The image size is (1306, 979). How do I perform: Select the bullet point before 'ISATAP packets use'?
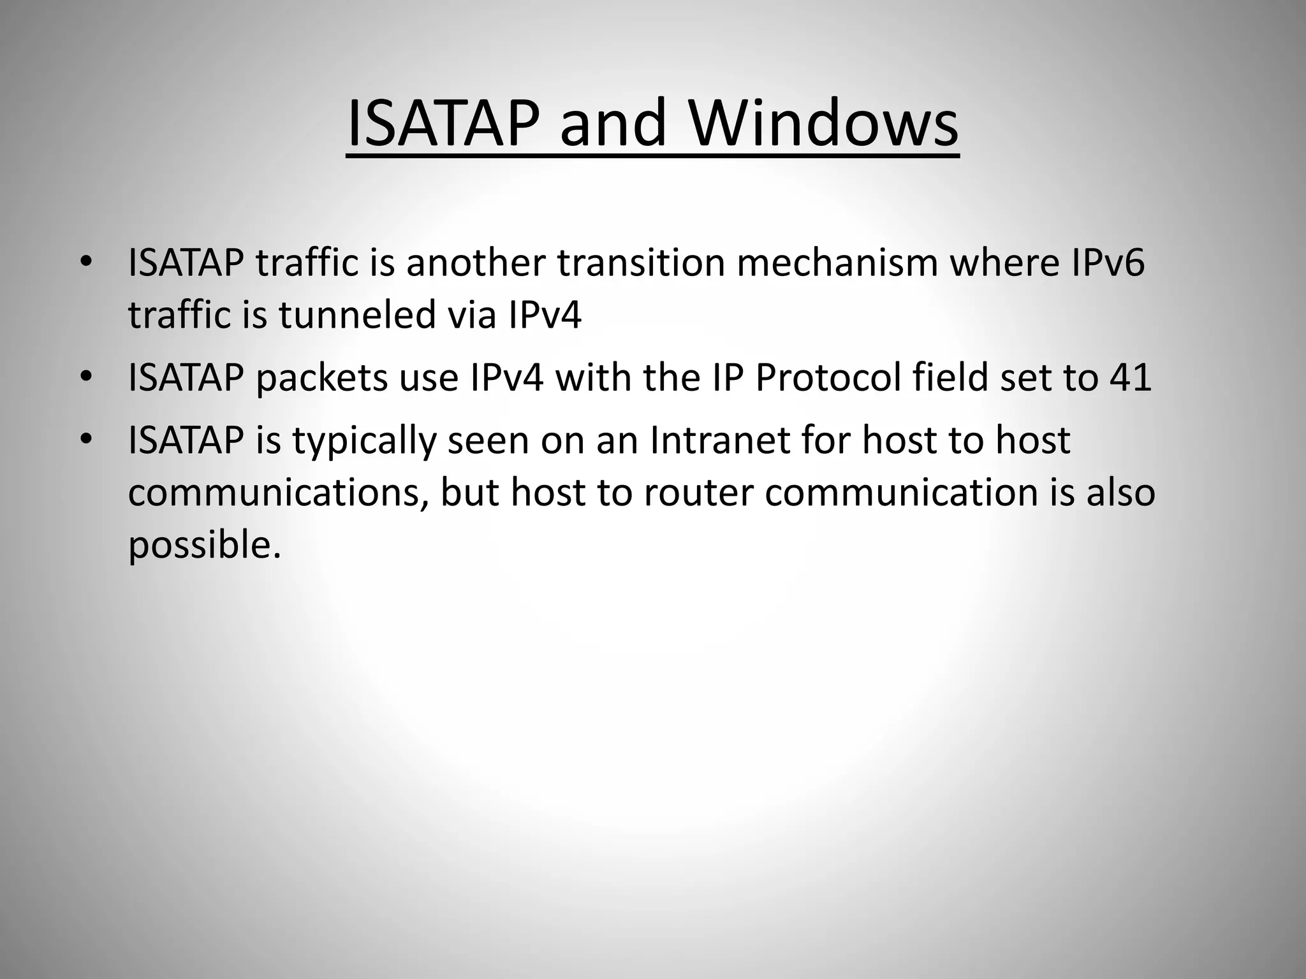tap(87, 377)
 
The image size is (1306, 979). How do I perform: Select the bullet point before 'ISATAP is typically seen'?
tap(87, 439)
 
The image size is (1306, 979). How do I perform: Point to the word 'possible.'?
tap(204, 545)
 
